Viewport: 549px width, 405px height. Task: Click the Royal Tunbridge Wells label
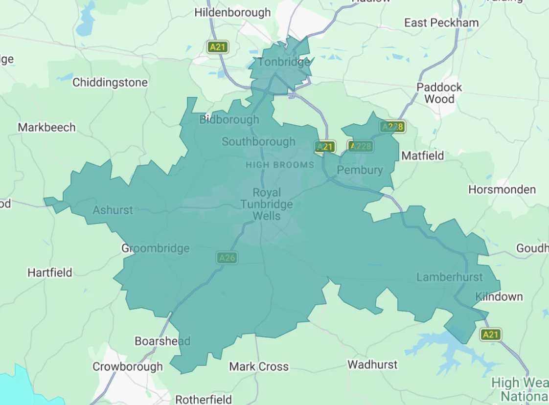pyautogui.click(x=267, y=204)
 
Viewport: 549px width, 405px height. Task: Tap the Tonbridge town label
pyautogui.click(x=284, y=62)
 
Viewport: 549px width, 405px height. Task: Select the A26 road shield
pyautogui.click(x=227, y=258)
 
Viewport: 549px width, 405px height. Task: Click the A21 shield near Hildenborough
pyautogui.click(x=217, y=47)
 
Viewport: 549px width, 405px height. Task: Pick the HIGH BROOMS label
pyautogui.click(x=280, y=165)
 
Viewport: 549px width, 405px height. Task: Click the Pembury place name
pyautogui.click(x=360, y=170)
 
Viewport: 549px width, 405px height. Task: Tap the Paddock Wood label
pyautogui.click(x=439, y=93)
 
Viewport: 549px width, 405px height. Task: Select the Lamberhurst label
pyautogui.click(x=449, y=277)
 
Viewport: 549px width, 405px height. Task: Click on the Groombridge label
pyautogui.click(x=155, y=248)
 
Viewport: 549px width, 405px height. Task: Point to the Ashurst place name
pyautogui.click(x=113, y=210)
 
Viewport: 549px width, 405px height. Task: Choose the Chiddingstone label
pyautogui.click(x=110, y=83)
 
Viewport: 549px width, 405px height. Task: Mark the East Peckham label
pyautogui.click(x=441, y=22)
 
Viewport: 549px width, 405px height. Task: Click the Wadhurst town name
pyautogui.click(x=372, y=364)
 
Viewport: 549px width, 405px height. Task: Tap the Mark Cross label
pyautogui.click(x=259, y=366)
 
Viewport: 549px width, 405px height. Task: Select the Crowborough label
pyautogui.click(x=128, y=366)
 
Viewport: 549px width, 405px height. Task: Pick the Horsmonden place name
pyautogui.click(x=502, y=189)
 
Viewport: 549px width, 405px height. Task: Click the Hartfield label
pyautogui.click(x=50, y=272)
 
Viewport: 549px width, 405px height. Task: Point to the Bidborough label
pyautogui.click(x=229, y=120)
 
